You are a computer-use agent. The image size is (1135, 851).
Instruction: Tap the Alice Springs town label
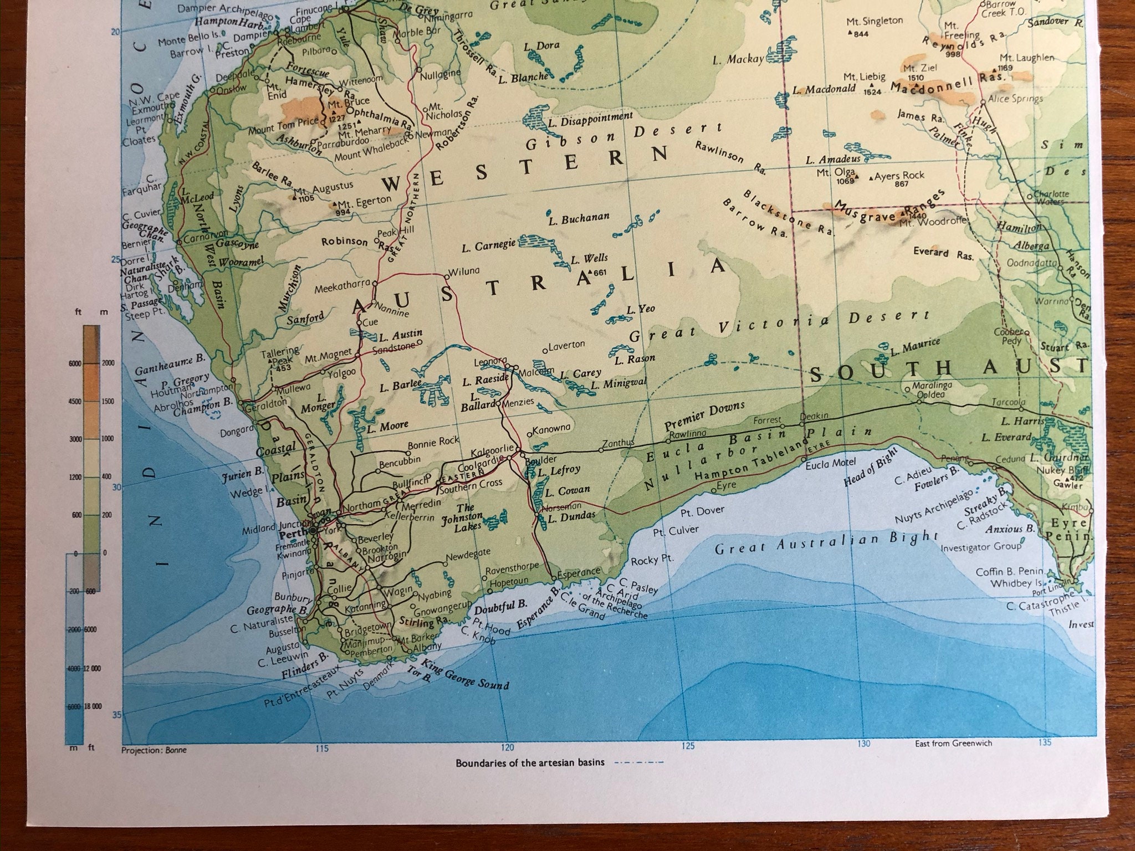1015,99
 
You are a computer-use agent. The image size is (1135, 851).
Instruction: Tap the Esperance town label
579,571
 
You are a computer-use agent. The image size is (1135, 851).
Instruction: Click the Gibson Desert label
623,136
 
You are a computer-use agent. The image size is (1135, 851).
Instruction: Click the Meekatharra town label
342,289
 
